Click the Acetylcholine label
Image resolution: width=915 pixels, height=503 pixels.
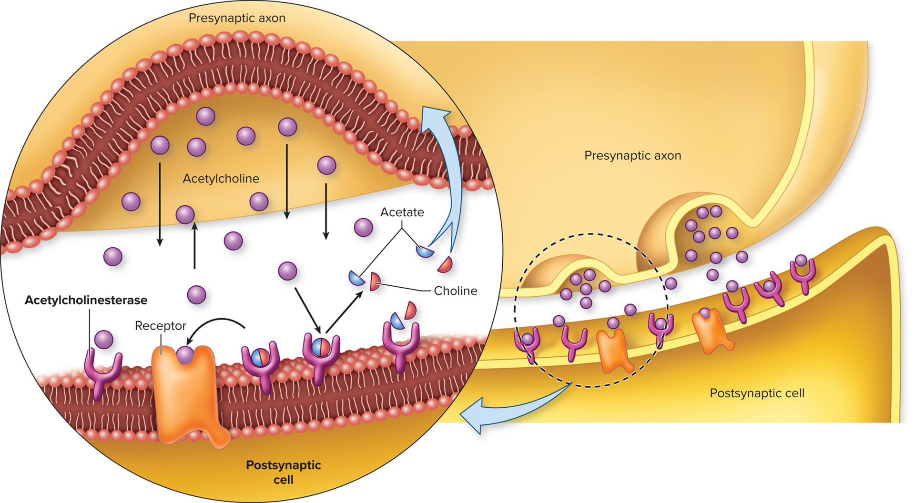click(221, 179)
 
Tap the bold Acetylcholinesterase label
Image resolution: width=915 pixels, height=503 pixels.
click(86, 300)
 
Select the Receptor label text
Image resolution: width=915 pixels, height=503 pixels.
click(160, 326)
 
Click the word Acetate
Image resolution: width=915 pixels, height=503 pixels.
click(402, 212)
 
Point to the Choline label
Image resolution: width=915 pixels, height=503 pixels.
click(455, 291)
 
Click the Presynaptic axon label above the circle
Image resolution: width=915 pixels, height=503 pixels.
click(237, 18)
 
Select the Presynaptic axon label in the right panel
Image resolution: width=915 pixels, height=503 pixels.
click(632, 155)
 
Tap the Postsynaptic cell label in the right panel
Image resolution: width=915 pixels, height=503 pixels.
click(757, 393)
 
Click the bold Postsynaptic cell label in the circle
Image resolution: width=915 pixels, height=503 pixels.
click(283, 472)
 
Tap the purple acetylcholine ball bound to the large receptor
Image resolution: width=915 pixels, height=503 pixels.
click(185, 355)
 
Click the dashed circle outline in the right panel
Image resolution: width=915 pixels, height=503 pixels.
click(515, 310)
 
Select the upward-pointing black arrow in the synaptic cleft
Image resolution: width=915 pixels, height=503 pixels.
click(194, 245)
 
